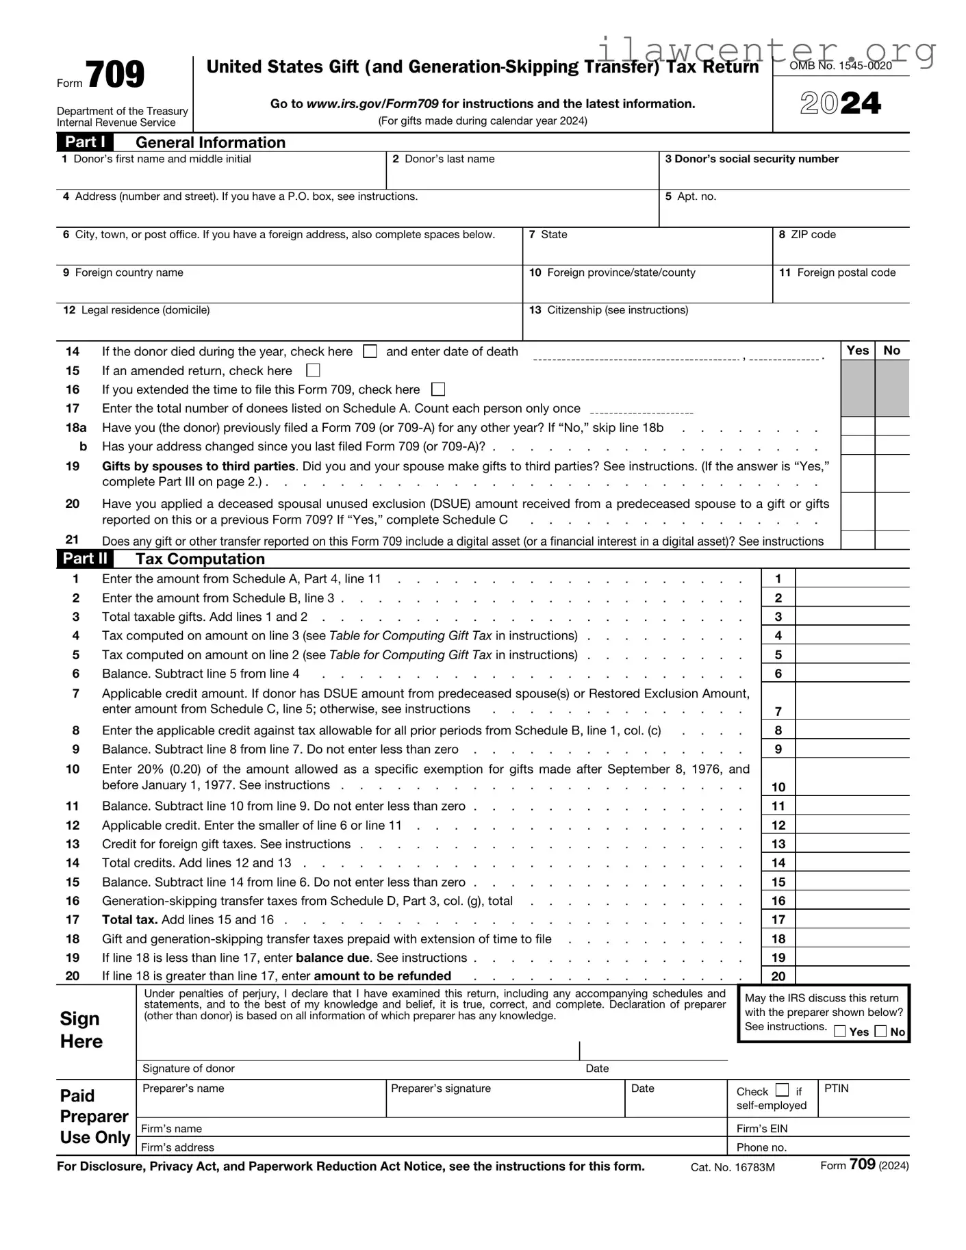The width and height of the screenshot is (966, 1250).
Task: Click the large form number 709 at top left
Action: tap(114, 75)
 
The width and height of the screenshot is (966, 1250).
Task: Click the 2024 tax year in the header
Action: tap(840, 103)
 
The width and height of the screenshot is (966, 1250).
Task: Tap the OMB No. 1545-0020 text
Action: tap(841, 66)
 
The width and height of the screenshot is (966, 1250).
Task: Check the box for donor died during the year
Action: tap(370, 351)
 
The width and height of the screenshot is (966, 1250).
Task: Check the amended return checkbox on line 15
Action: tap(313, 370)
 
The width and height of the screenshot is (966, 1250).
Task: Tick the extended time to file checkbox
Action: tap(438, 390)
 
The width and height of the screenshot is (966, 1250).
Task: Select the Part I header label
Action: tap(85, 142)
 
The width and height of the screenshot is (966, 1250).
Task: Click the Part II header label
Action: tap(85, 559)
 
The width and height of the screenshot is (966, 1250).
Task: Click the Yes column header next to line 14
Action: tap(857, 350)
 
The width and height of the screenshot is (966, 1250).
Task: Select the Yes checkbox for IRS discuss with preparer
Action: tap(840, 1032)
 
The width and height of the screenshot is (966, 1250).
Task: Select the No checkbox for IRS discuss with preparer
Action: tap(881, 1032)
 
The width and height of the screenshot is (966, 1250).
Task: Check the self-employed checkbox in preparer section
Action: tap(783, 1090)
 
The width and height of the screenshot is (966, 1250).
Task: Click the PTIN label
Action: tap(836, 1088)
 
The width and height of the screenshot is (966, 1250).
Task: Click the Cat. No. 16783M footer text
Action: tap(733, 1167)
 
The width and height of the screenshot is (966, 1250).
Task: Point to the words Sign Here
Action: tap(81, 1030)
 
